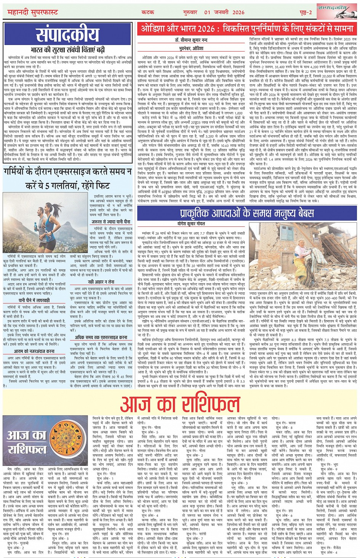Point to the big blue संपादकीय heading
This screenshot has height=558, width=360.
(67, 35)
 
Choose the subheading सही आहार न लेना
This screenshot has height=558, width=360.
(101, 282)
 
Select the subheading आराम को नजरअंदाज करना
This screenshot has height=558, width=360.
(34, 351)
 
